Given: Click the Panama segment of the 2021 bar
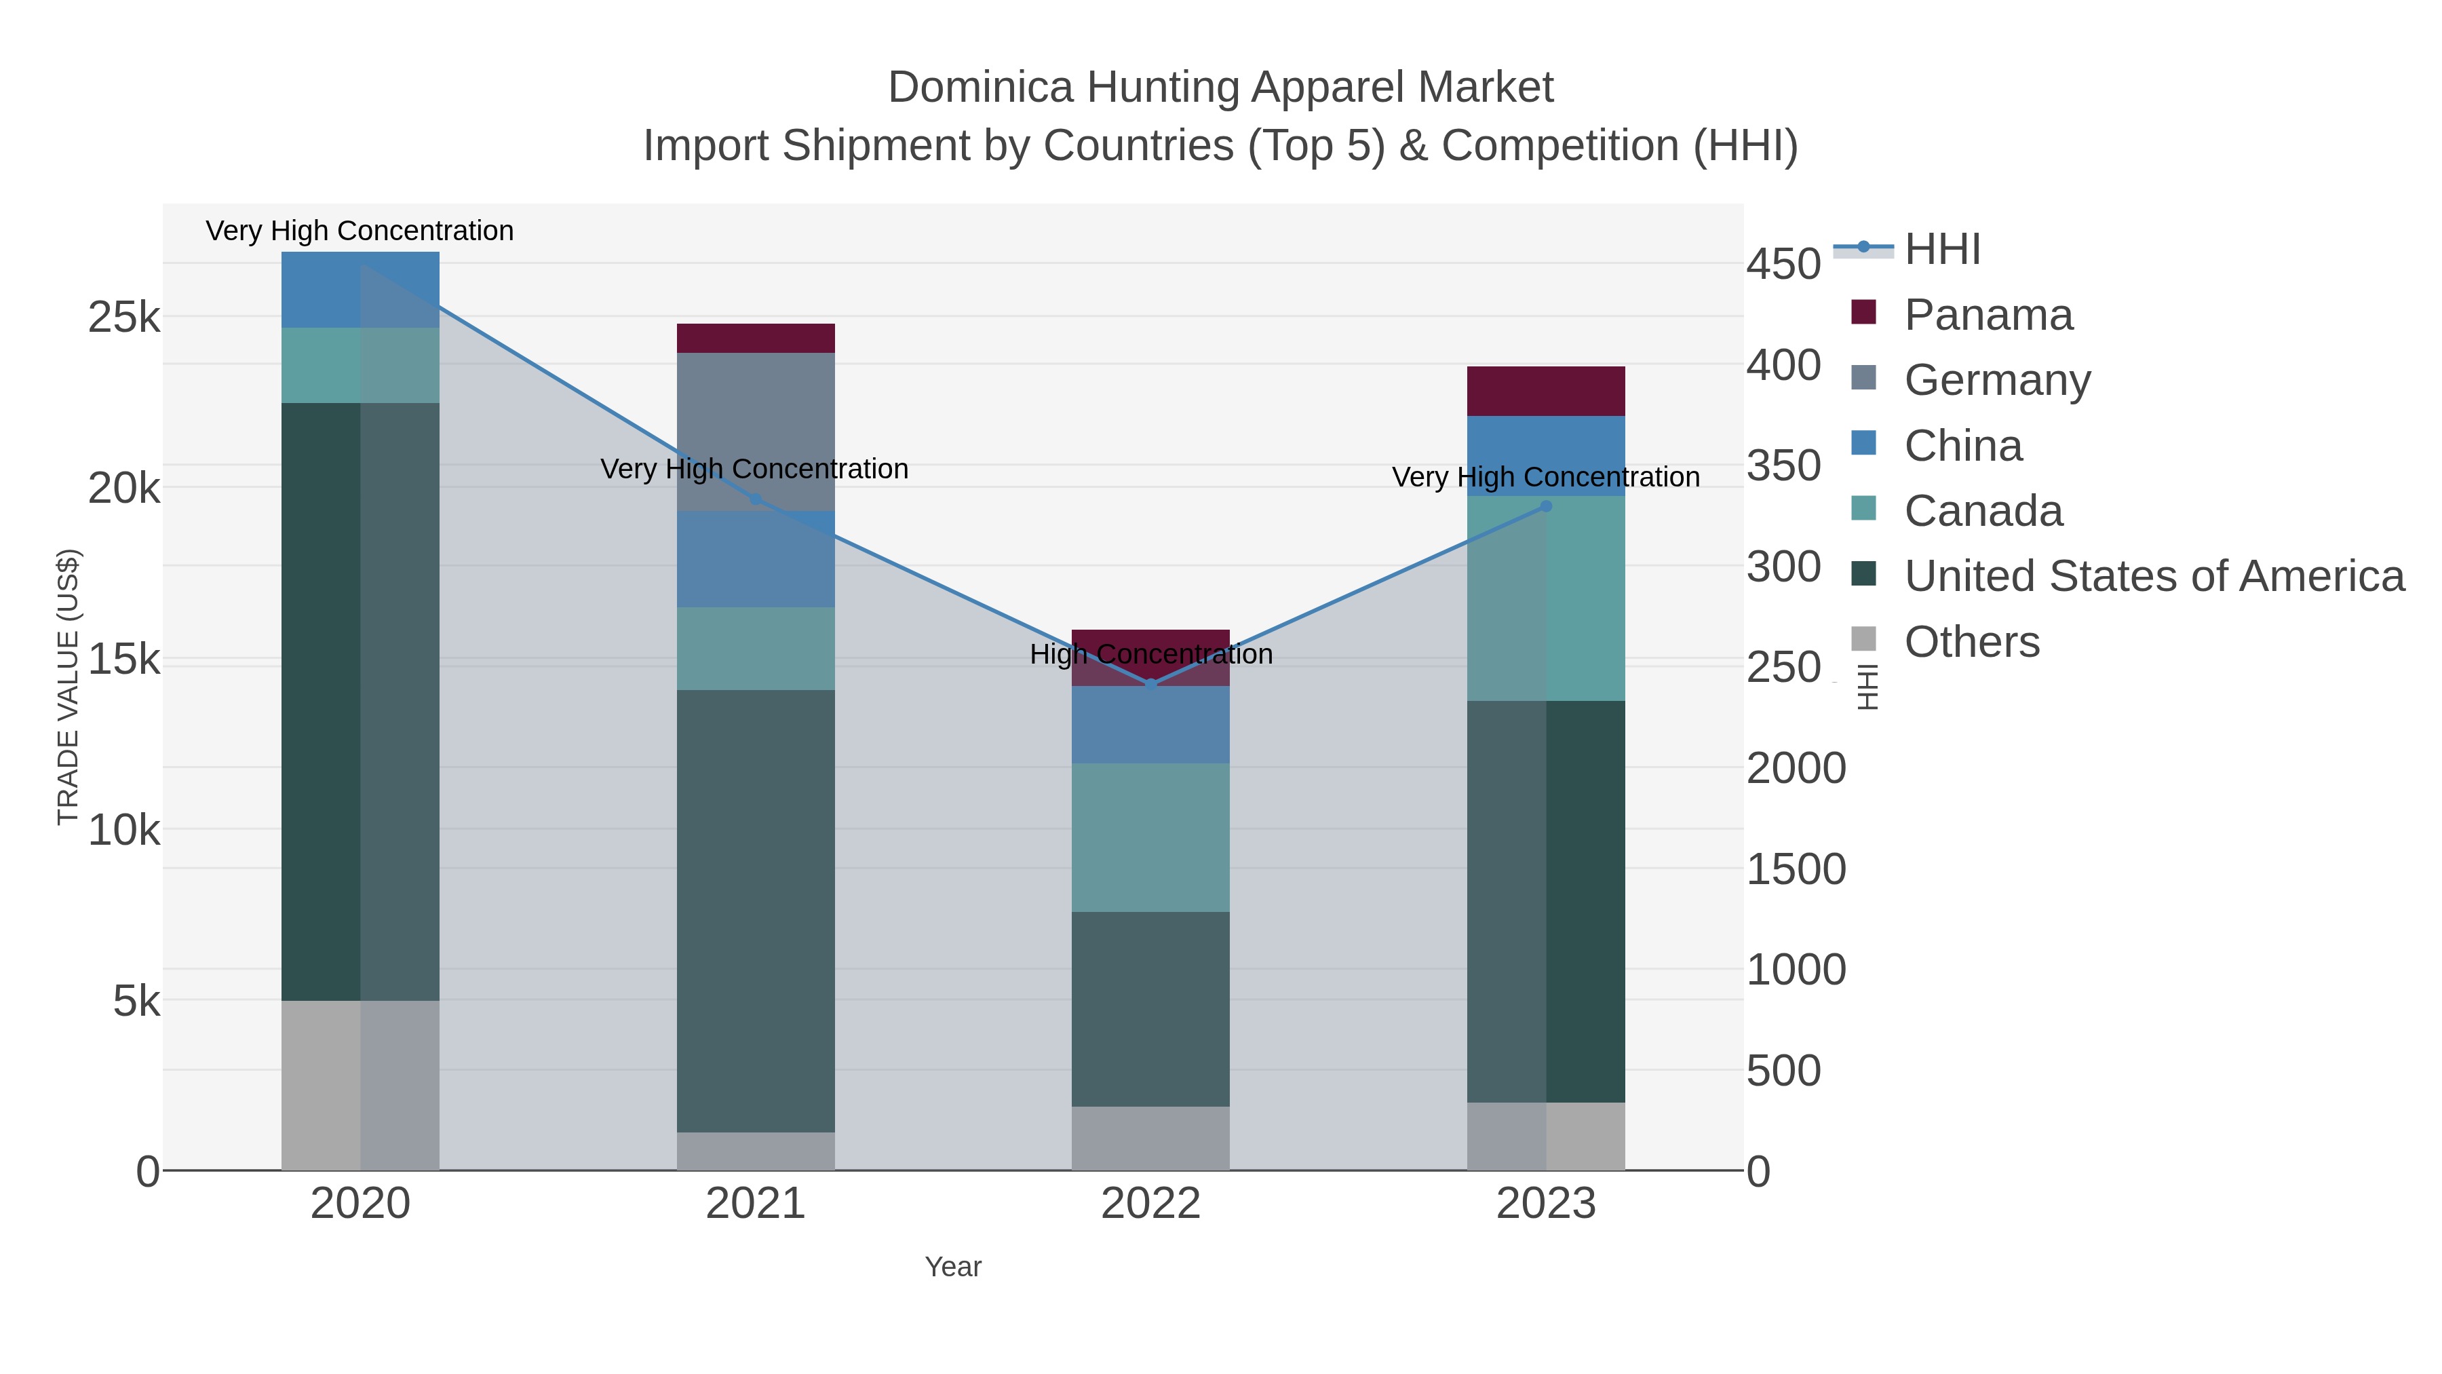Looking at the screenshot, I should [756, 338].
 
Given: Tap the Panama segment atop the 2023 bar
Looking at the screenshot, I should [1545, 391].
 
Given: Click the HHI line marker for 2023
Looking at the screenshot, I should [1545, 506].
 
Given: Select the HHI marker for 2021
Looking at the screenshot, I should [756, 499].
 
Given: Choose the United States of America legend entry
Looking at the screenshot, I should [2153, 577].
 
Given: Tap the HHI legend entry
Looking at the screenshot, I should [1941, 250].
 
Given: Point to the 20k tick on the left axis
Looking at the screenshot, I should [124, 489].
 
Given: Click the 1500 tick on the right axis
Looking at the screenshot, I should [1796, 870].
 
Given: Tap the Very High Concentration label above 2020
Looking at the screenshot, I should [360, 231].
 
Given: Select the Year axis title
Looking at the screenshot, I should [953, 1267].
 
